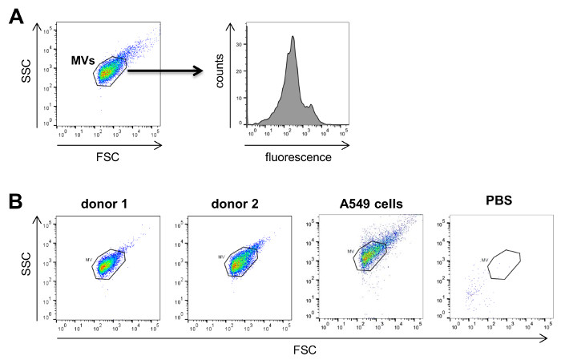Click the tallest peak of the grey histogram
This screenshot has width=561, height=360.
tap(294, 37)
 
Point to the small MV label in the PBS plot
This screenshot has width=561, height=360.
tap(485, 259)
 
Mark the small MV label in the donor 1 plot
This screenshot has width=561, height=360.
tap(88, 260)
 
